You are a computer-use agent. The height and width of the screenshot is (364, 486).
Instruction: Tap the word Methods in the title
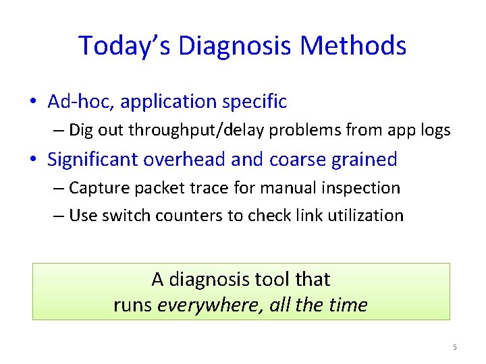pyautogui.click(x=354, y=46)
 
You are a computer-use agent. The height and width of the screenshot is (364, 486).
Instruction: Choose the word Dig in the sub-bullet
pyautogui.click(x=82, y=130)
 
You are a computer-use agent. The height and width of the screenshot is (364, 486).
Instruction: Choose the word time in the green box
pyautogui.click(x=348, y=305)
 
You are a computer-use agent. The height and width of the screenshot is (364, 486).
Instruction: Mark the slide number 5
pyautogui.click(x=454, y=347)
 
